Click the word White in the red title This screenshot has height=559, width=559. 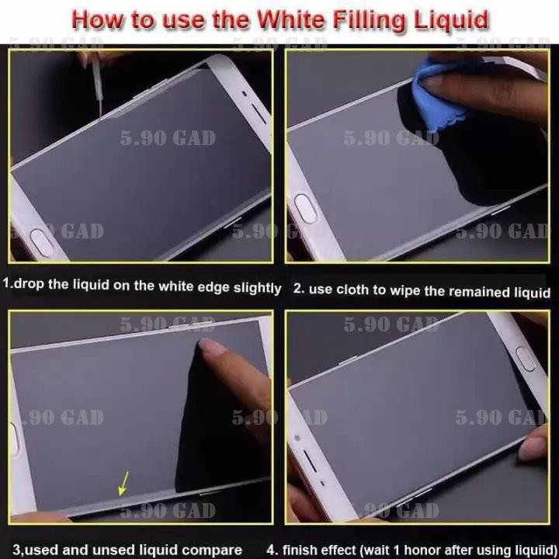290,19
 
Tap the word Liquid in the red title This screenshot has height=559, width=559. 450,21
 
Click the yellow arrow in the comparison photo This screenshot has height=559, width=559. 123,483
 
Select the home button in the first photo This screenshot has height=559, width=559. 42,243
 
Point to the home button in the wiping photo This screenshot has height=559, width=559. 306,209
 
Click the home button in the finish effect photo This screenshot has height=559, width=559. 526,359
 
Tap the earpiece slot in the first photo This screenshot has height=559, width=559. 259,113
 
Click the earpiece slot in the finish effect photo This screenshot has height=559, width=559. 310,461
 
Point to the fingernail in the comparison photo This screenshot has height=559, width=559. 211,345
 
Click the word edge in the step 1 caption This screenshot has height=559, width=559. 214,287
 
